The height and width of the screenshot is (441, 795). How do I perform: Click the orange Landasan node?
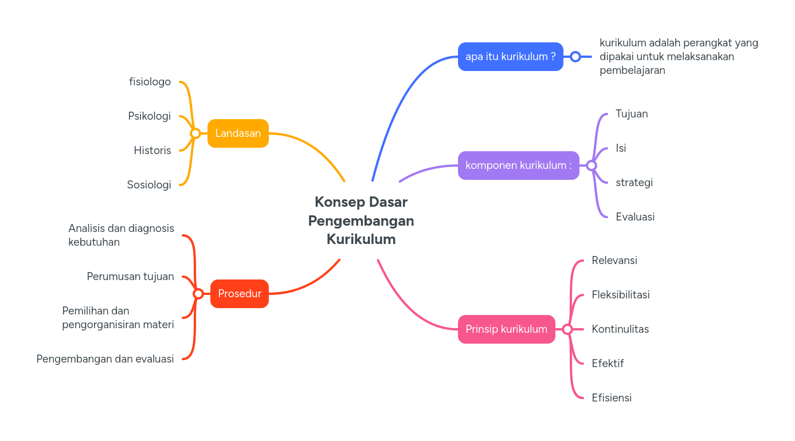238,133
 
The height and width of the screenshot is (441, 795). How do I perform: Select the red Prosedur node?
240,294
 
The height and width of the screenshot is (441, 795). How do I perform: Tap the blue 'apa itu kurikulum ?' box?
510,57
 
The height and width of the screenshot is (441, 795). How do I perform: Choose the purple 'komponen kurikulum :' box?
518,166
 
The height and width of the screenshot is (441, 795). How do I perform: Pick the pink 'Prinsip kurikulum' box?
506,329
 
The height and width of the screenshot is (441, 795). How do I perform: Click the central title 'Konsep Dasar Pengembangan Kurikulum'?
361,220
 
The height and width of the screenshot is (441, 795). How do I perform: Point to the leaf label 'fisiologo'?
150,82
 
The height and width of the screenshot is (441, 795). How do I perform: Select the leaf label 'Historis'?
152,151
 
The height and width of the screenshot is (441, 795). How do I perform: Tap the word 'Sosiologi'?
149,185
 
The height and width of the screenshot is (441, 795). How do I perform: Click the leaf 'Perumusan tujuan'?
130,277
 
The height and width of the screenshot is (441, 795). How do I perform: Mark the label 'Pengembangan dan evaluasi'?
105,359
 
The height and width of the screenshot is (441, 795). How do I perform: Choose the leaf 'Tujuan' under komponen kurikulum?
632,114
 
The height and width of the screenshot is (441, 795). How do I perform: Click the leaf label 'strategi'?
634,183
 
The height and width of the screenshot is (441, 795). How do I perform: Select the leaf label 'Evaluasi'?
635,217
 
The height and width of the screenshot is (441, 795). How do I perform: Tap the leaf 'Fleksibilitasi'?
621,295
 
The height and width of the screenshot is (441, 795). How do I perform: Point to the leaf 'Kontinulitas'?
620,329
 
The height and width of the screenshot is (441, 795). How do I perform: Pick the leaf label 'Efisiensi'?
612,398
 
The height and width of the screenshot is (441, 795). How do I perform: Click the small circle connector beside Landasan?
195,133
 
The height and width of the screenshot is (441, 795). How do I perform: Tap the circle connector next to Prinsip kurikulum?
567,329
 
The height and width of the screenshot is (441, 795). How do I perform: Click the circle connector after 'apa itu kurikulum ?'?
575,57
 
